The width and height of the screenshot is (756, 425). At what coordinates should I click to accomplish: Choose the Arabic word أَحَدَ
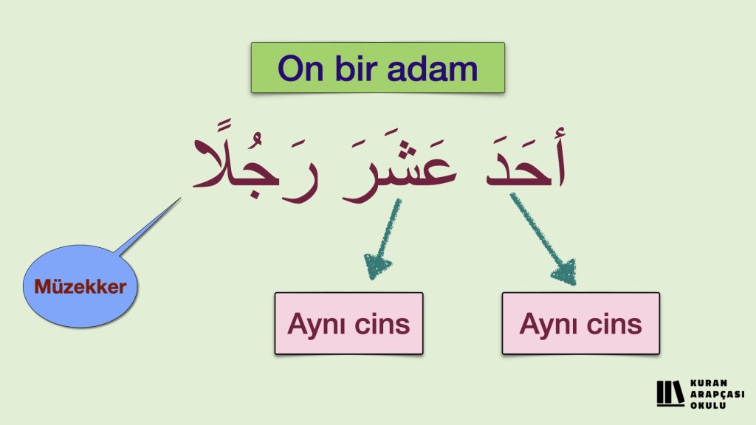click(x=526, y=159)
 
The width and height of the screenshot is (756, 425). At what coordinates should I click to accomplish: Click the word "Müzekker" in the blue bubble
click(x=80, y=287)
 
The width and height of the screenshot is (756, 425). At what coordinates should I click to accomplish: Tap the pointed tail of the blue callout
click(x=180, y=198)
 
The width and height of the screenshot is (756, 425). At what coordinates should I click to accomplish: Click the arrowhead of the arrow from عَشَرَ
click(x=377, y=266)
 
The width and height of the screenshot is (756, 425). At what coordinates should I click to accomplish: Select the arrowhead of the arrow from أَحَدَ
click(x=565, y=272)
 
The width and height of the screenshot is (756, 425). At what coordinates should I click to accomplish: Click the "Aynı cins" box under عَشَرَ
click(x=348, y=323)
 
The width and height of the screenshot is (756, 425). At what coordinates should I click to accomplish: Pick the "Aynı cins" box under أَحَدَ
click(x=580, y=323)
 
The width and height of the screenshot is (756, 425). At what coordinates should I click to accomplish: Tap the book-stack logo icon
click(x=670, y=394)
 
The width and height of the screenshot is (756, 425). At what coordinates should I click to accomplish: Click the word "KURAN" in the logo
click(x=708, y=384)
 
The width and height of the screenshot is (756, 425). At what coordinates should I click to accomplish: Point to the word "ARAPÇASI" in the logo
click(x=717, y=395)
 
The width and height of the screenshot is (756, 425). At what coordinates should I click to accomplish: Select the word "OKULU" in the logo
click(x=708, y=405)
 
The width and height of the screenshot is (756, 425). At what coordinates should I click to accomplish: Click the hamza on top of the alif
click(x=560, y=132)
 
